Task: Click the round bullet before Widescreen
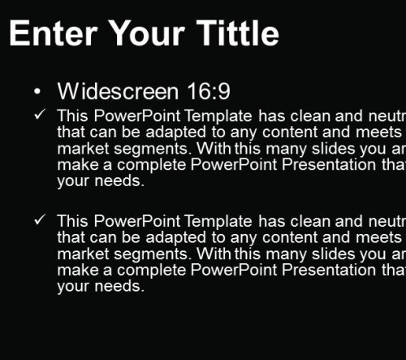pyautogui.click(x=37, y=92)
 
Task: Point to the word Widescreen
pyautogui.click(x=118, y=91)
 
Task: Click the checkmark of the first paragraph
pyautogui.click(x=40, y=115)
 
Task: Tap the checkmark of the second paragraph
pyautogui.click(x=40, y=219)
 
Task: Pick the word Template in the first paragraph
pyautogui.click(x=218, y=116)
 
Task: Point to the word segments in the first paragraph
pyautogui.click(x=151, y=149)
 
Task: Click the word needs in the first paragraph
pyautogui.click(x=119, y=180)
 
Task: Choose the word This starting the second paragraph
pyautogui.click(x=72, y=221)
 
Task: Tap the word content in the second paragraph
pyautogui.click(x=290, y=237)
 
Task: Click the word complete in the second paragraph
pyautogui.click(x=152, y=271)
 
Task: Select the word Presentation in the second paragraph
pyautogui.click(x=329, y=270)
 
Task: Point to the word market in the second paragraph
pyautogui.click(x=83, y=254)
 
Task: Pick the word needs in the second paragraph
pyautogui.click(x=119, y=286)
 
